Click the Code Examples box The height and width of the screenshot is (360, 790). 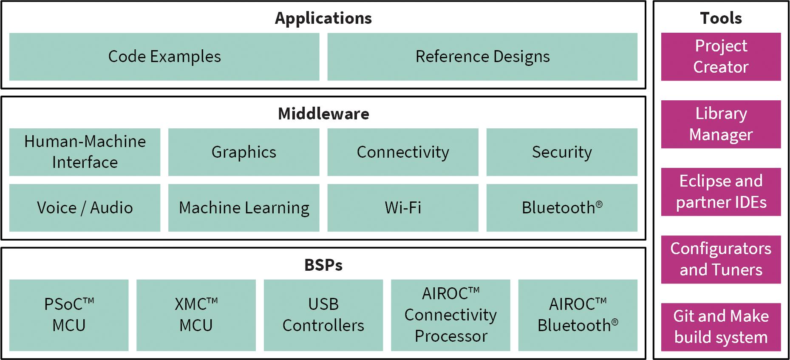click(x=164, y=57)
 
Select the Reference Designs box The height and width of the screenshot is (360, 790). click(x=482, y=57)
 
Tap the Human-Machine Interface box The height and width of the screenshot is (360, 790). click(x=85, y=152)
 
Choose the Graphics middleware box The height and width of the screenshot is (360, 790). click(x=244, y=152)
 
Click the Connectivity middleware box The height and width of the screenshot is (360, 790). click(x=402, y=152)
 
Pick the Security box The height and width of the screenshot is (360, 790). click(x=562, y=152)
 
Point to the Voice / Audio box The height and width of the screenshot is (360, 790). click(x=85, y=207)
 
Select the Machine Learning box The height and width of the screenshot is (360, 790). click(x=244, y=207)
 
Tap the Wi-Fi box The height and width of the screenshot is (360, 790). click(x=402, y=207)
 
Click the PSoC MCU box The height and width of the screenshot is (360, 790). click(x=69, y=315)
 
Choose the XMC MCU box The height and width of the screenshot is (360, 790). click(x=196, y=315)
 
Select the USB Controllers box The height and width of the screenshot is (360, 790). click(x=323, y=315)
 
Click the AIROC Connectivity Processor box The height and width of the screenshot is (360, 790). click(x=450, y=315)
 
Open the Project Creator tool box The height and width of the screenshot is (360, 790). click(x=721, y=57)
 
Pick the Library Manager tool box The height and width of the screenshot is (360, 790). click(x=721, y=124)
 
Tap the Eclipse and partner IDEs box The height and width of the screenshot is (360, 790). click(x=721, y=192)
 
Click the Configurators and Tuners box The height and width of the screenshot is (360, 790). click(x=721, y=259)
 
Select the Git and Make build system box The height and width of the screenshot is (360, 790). click(x=721, y=327)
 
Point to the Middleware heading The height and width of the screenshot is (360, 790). click(x=323, y=114)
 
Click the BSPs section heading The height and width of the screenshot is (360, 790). click(x=323, y=265)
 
